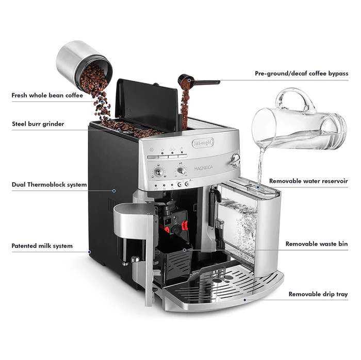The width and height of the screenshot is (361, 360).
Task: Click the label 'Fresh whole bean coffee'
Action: [x=47, y=95]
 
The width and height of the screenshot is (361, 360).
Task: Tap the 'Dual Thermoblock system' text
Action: [x=49, y=184]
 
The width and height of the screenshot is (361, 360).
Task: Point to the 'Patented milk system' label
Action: [x=42, y=246]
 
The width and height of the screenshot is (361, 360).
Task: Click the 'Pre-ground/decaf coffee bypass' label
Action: [x=301, y=74]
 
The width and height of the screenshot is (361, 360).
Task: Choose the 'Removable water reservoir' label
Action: [x=308, y=181]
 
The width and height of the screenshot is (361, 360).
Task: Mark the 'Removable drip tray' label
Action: [x=318, y=294]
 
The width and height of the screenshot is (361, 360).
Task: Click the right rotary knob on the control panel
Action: [x=182, y=170]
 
